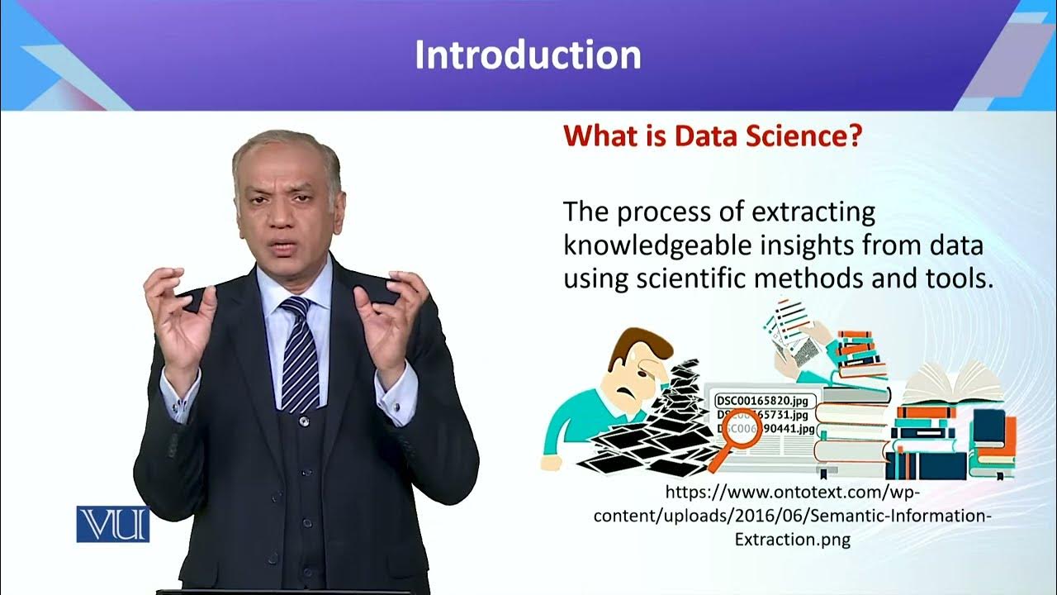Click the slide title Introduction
[x=527, y=55]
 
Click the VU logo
[x=112, y=524]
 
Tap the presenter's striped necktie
[x=299, y=355]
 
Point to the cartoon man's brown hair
[x=636, y=344]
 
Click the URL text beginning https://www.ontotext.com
[x=790, y=493]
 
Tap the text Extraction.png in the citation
[x=792, y=540]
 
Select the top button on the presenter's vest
[x=305, y=421]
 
